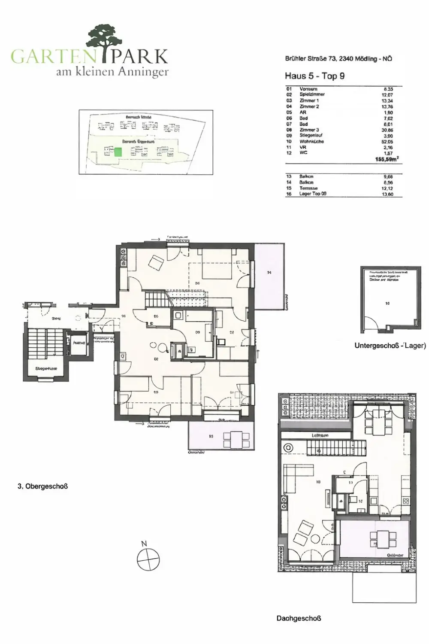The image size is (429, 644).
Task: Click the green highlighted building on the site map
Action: coord(118,152)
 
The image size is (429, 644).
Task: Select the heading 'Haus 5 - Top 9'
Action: coord(314,76)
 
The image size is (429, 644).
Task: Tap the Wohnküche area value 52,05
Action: coord(387,141)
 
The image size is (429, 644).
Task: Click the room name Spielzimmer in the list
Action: coord(312,94)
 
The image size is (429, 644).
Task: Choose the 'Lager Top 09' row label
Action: coord(313,194)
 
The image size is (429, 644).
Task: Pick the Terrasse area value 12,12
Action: coord(387,188)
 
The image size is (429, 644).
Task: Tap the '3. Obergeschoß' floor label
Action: coord(43,486)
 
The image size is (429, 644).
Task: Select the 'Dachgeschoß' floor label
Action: coord(299,619)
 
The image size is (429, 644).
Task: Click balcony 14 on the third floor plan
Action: coord(269,275)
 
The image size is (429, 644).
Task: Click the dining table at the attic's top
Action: coord(378,415)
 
